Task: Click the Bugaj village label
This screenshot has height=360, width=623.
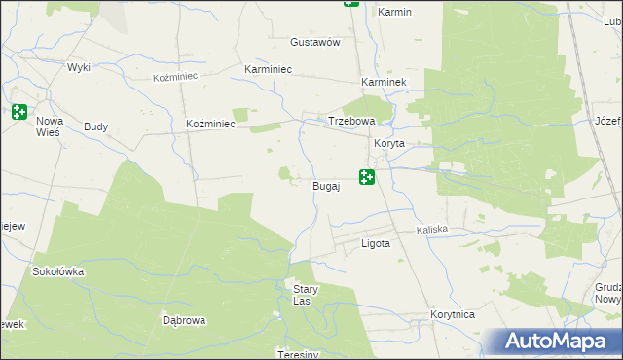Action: (x=326, y=185)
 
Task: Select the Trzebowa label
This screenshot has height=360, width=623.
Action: (x=350, y=121)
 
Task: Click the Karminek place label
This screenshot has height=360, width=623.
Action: (x=383, y=83)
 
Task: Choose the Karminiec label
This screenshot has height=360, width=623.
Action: (x=268, y=70)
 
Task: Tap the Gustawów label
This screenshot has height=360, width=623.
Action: (x=314, y=43)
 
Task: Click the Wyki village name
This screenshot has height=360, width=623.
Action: (x=79, y=67)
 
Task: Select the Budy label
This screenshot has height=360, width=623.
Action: (x=95, y=126)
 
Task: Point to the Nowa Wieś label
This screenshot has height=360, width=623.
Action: (x=50, y=126)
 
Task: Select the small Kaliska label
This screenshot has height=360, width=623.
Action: (x=431, y=230)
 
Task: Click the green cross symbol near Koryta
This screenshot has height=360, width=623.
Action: (x=367, y=177)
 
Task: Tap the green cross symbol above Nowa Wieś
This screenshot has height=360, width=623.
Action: (x=19, y=112)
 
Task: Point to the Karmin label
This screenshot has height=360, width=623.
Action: (x=395, y=12)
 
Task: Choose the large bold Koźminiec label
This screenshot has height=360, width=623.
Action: (x=209, y=124)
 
